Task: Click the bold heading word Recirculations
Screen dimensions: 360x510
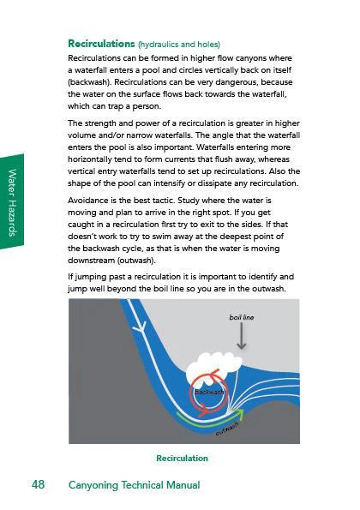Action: [101, 44]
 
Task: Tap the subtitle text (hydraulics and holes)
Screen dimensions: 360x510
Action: [179, 45]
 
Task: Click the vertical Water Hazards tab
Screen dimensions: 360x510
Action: [12, 202]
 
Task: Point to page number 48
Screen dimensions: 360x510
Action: [38, 484]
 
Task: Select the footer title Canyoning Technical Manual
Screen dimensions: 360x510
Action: [134, 485]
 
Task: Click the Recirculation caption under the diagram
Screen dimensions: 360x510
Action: [182, 458]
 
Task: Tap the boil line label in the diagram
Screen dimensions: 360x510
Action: [242, 317]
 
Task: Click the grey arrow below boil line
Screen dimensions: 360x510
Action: [241, 336]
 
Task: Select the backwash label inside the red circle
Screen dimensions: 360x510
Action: [209, 392]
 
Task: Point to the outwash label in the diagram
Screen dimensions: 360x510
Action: [227, 429]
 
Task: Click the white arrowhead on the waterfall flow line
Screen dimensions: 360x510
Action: [141, 327]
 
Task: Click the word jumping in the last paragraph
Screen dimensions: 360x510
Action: [90, 278]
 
